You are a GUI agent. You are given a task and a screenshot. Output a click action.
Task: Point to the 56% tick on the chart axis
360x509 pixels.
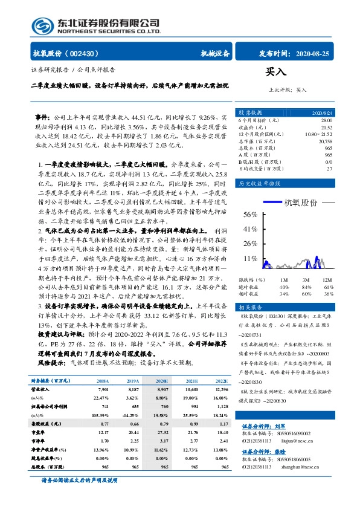[x=250, y=215]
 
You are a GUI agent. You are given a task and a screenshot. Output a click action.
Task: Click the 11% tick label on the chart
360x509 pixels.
[x=250, y=258]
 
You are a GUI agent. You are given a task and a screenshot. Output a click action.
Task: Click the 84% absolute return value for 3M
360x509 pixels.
[x=306, y=287]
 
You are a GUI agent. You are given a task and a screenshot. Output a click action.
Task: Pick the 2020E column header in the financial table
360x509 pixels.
[x=161, y=381]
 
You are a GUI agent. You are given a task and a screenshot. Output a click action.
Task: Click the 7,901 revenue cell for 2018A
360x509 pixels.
[x=103, y=390]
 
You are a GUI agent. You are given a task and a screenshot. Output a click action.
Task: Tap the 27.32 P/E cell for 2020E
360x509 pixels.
[x=161, y=433]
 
